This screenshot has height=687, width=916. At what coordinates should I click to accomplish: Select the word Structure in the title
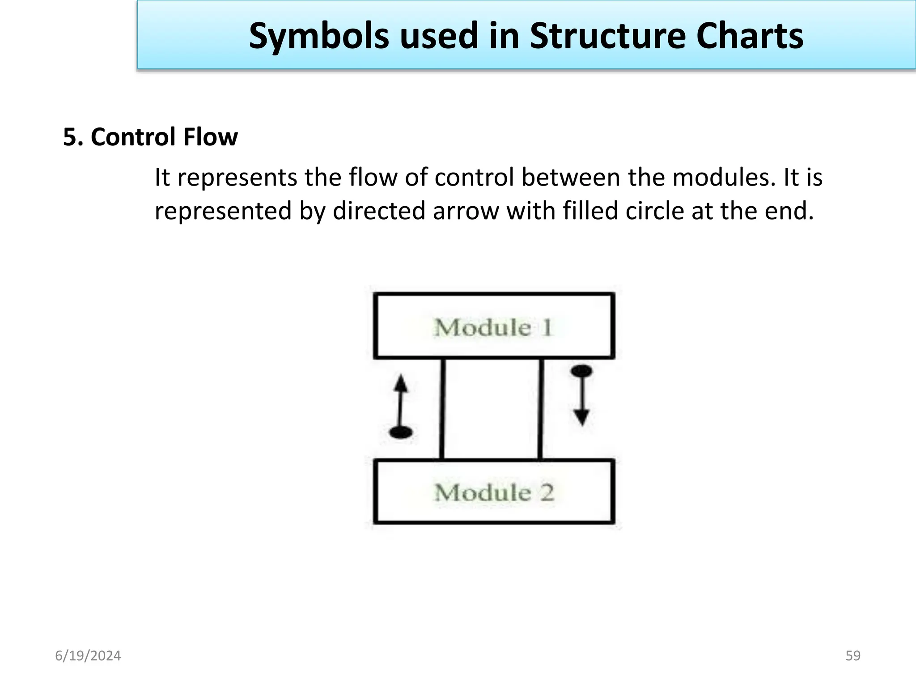607,36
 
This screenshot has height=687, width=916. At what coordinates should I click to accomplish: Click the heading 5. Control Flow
150,137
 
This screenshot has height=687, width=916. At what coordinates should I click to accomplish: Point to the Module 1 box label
493,327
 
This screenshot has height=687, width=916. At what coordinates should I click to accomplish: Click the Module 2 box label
494,493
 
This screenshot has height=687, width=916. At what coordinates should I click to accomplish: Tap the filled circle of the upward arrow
401,432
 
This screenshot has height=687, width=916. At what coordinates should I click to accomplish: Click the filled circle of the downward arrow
581,371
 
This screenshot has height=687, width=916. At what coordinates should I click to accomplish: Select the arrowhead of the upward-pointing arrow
401,383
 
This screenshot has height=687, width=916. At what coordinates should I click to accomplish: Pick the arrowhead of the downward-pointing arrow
581,418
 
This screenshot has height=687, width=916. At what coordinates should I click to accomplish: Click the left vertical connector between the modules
442,409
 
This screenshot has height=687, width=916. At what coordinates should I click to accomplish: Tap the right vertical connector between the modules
541,409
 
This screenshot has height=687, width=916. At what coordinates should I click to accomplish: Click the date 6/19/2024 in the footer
88,656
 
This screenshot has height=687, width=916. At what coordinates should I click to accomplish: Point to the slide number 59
853,656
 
